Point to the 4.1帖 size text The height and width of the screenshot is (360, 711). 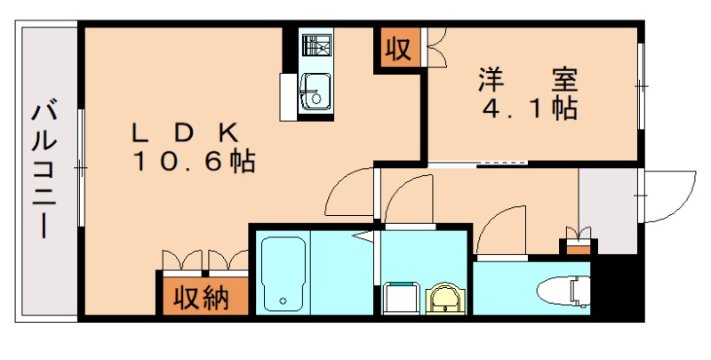[x=530, y=109]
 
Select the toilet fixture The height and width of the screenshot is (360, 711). [x=564, y=290]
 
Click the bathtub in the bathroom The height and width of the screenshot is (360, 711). [x=284, y=272]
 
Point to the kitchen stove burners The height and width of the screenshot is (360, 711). [x=315, y=44]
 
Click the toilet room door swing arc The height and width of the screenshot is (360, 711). [x=502, y=231]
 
